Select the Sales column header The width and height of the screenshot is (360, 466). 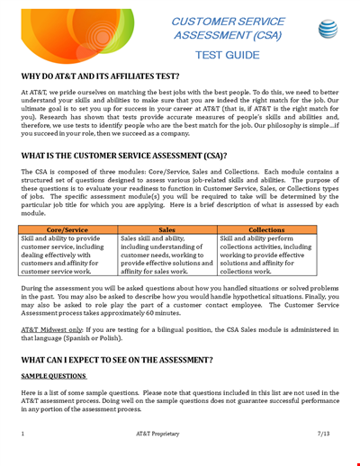(x=166, y=230)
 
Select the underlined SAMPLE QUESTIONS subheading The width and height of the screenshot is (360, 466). (x=49, y=376)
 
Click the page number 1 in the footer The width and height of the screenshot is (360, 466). (x=23, y=434)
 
